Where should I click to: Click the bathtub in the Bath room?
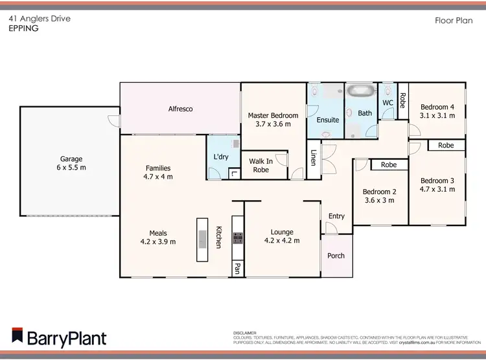click(x=358, y=92)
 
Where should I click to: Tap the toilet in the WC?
click(x=388, y=90)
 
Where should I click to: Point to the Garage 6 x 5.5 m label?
click(x=72, y=163)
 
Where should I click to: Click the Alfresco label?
click(x=181, y=109)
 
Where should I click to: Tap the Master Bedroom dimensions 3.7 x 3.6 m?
click(x=273, y=124)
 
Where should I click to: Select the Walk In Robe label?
click(x=260, y=165)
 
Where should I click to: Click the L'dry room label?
click(x=221, y=157)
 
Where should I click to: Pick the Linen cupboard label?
click(x=314, y=157)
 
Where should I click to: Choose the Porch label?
click(x=336, y=255)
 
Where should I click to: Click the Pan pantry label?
click(x=238, y=267)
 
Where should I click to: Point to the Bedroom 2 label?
click(x=379, y=192)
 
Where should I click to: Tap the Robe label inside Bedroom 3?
click(x=446, y=146)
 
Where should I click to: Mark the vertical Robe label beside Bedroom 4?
click(x=402, y=100)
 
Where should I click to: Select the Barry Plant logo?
click(x=58, y=337)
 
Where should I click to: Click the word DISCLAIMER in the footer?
click(x=245, y=332)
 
